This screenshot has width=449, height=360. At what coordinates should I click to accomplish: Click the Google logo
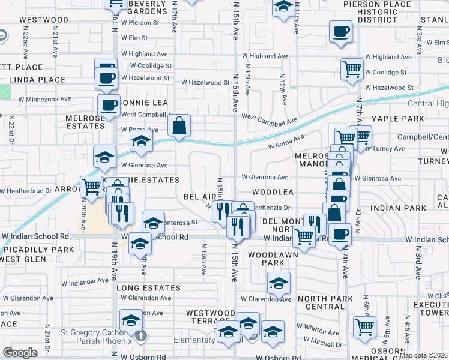(20, 353)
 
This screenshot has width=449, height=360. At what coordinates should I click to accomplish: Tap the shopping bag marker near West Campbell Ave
(179, 126)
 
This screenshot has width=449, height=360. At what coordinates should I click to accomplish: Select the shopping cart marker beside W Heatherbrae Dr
(91, 187)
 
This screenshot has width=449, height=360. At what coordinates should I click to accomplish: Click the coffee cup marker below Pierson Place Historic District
(341, 31)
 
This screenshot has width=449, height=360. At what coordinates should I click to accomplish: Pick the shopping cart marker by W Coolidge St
(352, 68)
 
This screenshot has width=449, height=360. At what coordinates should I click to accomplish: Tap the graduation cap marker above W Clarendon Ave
(279, 283)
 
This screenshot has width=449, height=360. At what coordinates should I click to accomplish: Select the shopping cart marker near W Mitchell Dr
(365, 327)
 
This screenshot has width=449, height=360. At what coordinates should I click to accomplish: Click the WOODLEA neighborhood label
(273, 192)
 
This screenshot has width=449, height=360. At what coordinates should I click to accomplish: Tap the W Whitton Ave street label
(318, 326)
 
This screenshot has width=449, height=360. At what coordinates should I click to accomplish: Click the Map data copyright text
(423, 355)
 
